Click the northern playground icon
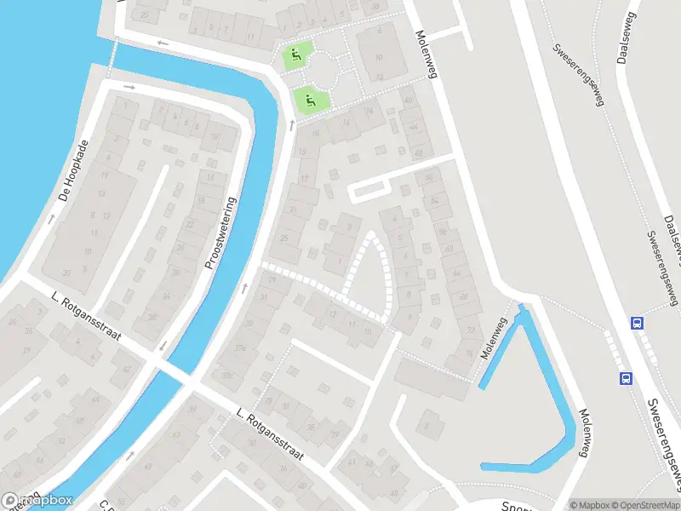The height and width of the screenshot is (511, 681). click(295, 56)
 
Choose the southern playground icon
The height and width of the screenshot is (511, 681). click(308, 100)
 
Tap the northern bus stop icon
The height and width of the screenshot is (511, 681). click(636, 323)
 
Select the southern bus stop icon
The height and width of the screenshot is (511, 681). click(626, 378)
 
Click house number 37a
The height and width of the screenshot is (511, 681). click(240, 347)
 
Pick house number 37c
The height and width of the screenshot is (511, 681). click(227, 376)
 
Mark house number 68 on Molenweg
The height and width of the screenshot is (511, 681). click(464, 297)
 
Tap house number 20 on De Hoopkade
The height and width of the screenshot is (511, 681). click(66, 272)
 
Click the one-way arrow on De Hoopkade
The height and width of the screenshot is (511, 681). click(50, 218)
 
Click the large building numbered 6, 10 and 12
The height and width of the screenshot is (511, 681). click(380, 56)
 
